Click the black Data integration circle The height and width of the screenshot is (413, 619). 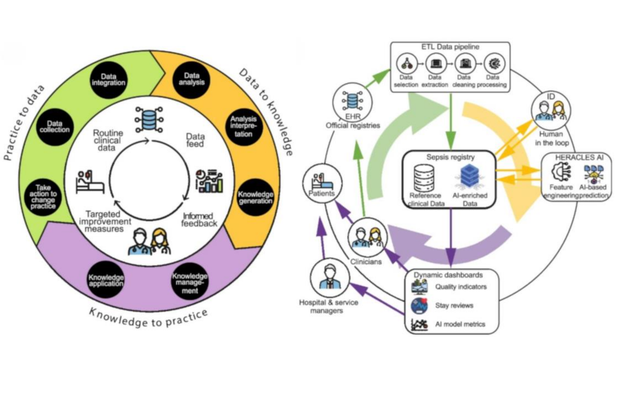point(109,80)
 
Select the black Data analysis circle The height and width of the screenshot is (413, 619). point(192,79)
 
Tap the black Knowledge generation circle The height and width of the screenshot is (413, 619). point(255,197)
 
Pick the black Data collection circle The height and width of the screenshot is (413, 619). point(55,126)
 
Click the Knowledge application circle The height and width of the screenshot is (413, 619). point(106,280)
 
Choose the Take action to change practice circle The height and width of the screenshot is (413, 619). point(43,197)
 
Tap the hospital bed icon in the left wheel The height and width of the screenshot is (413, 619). point(90,182)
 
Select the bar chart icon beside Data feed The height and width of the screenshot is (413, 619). point(210,181)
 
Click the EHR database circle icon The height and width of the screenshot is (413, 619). point(352,101)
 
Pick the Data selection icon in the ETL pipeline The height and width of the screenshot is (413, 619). point(406,64)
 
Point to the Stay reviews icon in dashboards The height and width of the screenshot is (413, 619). point(419,306)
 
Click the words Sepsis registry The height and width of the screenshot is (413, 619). point(450,157)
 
